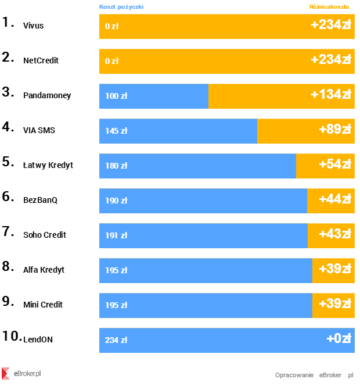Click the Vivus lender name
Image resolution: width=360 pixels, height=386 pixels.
33,26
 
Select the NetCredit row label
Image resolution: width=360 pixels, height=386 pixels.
41,61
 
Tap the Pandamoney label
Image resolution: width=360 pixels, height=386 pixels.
47,96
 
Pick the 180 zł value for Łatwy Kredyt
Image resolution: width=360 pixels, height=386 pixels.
116,166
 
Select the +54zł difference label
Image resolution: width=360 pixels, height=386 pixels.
334,165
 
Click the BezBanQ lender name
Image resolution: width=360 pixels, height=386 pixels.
40,201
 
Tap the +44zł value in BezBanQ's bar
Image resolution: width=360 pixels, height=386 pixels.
334,199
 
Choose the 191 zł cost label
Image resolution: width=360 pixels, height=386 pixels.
116,235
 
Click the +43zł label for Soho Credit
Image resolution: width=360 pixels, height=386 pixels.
334,234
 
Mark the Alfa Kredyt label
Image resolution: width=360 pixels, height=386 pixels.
44,270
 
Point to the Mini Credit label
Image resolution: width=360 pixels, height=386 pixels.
43,305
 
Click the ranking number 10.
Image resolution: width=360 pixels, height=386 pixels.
12,336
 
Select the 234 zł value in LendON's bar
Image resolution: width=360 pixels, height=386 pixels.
116,340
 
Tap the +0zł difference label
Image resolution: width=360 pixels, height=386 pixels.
339,339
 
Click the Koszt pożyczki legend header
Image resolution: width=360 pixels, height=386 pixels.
121,7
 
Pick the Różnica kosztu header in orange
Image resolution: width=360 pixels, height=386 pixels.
329,7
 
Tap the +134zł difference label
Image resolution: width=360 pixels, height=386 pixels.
331,95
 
